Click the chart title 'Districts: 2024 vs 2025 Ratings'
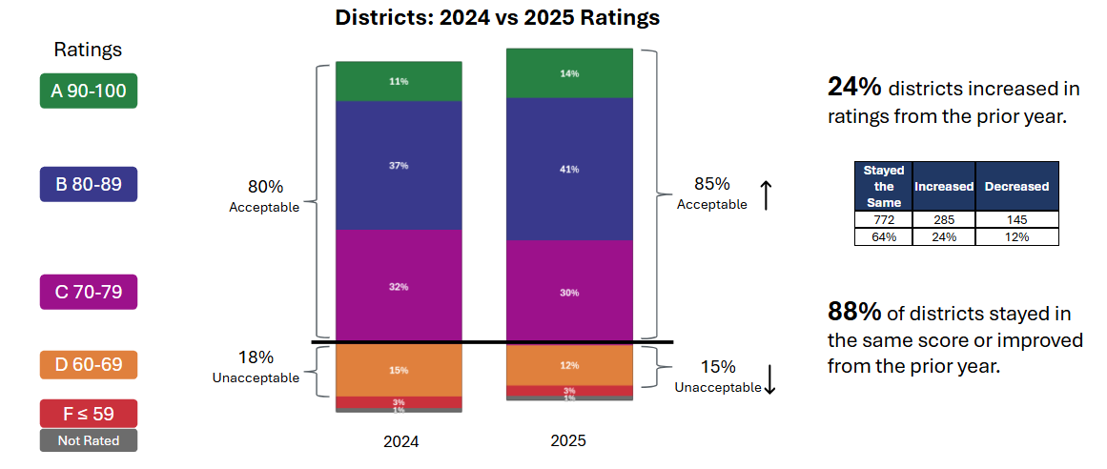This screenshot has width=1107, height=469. [x=497, y=18]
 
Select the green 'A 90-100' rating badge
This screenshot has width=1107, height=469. [x=89, y=92]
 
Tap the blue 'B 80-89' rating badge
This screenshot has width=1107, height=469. [x=89, y=184]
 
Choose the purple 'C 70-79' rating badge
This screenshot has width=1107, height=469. [x=89, y=292]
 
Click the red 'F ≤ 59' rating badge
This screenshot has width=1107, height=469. [x=89, y=414]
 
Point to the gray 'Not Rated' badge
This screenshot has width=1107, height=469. [x=89, y=440]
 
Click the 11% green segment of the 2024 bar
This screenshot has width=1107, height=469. [x=399, y=82]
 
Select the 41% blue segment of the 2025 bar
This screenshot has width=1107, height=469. [x=569, y=169]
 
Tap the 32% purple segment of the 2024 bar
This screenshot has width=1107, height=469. [x=399, y=286]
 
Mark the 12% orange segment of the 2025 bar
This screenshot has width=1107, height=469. [x=569, y=365]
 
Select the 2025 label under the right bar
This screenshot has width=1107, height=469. [x=568, y=441]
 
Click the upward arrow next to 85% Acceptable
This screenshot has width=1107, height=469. [x=766, y=194]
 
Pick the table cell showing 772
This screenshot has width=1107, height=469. [x=883, y=220]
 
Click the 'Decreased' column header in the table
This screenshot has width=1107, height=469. [x=1016, y=187]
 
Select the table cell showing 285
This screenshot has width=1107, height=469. [x=943, y=220]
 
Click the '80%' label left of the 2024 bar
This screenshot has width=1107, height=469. [x=264, y=187]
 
